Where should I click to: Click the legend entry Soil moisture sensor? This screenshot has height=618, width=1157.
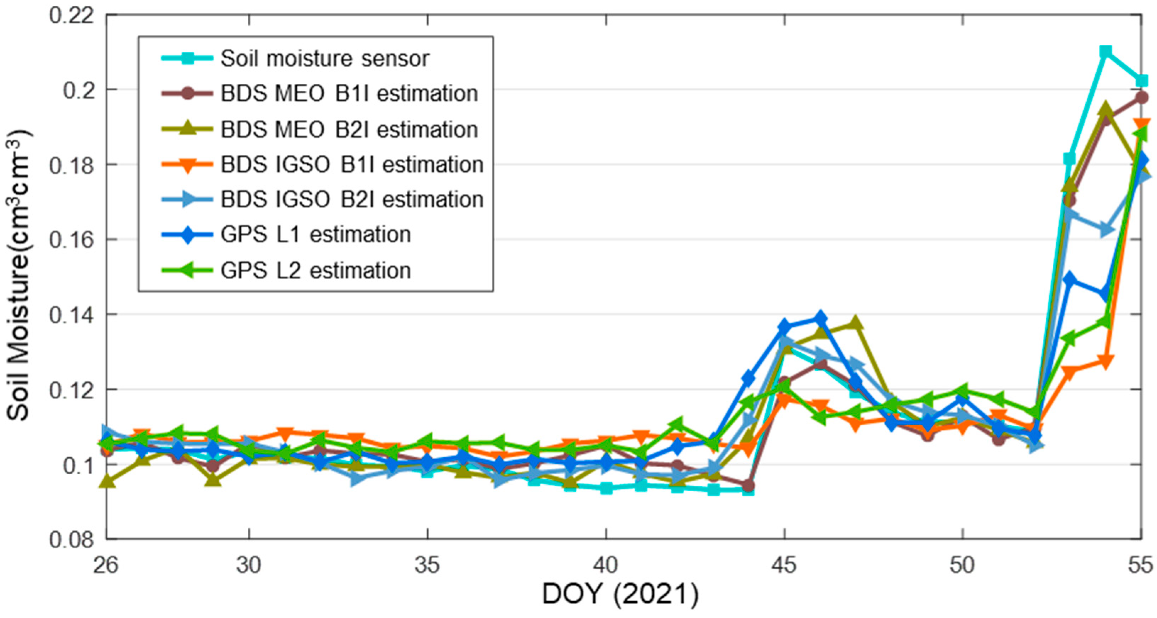[324, 59]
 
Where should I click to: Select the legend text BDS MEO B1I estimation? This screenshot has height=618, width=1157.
[349, 94]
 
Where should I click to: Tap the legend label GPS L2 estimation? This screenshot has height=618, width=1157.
[315, 271]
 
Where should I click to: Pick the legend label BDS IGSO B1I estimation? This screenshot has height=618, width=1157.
[351, 165]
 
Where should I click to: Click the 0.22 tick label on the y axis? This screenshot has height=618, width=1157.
[66, 16]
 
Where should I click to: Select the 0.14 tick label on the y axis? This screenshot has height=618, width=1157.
[66, 315]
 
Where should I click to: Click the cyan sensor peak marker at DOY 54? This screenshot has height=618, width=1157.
[1105, 51]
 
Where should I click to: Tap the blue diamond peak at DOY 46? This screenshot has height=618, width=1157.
[820, 318]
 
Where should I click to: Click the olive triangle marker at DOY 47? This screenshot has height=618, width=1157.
[855, 322]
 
